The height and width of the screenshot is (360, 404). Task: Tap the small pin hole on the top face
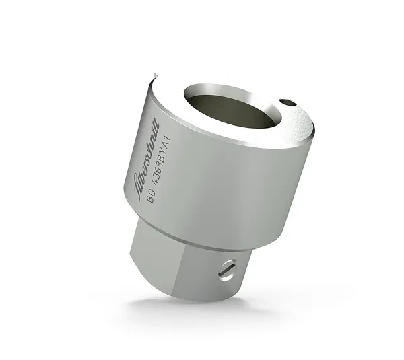(x=287, y=103)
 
